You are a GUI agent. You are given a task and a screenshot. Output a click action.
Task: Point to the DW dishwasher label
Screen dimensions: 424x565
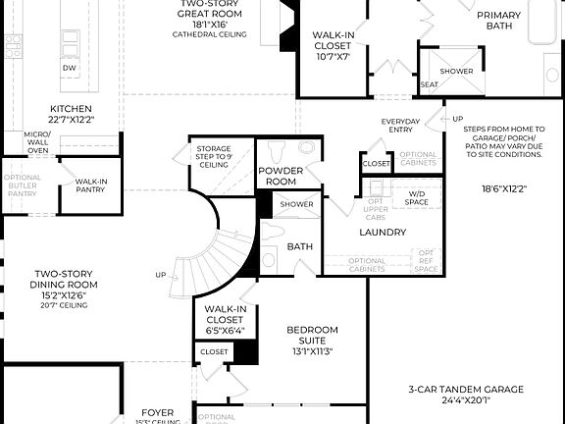pyautogui.click(x=70, y=68)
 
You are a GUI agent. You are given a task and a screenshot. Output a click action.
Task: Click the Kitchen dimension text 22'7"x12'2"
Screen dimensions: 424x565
pyautogui.click(x=72, y=120)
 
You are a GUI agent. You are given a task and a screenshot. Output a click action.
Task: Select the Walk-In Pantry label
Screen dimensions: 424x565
pyautogui.click(x=91, y=185)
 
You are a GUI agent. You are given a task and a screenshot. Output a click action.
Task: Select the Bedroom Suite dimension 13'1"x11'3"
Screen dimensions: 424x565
pyautogui.click(x=312, y=350)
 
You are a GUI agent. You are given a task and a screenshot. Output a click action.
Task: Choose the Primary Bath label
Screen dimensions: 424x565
pyautogui.click(x=499, y=21)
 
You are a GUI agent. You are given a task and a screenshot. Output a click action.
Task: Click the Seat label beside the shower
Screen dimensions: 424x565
pyautogui.click(x=429, y=84)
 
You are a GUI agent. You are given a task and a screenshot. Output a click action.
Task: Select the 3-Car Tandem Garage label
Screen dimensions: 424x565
pyautogui.click(x=466, y=394)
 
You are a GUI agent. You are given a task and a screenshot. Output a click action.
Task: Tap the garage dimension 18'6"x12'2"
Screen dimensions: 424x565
pyautogui.click(x=504, y=188)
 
